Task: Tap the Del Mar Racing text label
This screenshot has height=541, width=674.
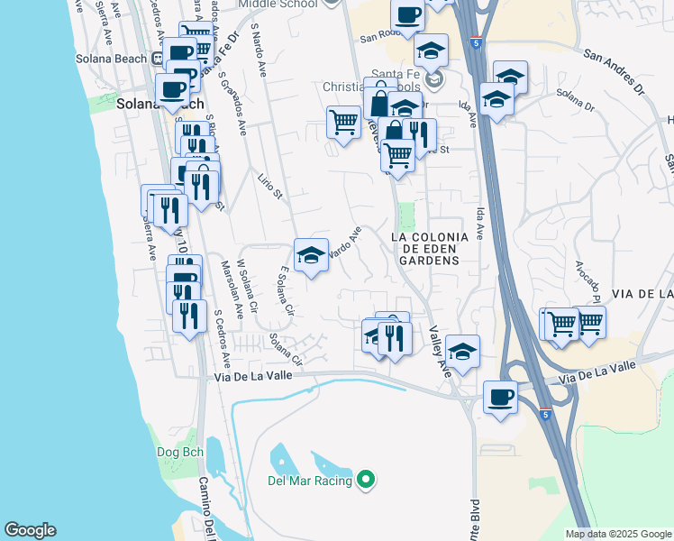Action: (309, 481)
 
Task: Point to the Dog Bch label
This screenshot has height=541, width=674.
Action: (181, 453)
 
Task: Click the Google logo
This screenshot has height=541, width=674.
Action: (30, 530)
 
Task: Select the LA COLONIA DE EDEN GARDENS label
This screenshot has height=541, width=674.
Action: (429, 248)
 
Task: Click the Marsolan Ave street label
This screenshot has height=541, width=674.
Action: (232, 289)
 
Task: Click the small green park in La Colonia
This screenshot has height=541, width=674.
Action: (407, 216)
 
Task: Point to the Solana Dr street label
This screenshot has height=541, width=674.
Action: (577, 100)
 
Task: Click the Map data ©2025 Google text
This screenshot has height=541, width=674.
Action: (617, 534)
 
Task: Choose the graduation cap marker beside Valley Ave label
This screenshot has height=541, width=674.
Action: (462, 352)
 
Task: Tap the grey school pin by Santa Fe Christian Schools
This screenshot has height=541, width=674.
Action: (436, 80)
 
